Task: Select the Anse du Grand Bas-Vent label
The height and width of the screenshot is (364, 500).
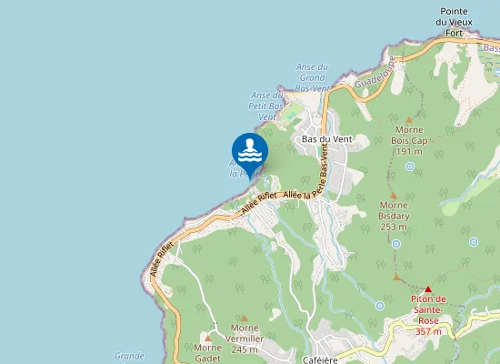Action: click(x=312, y=77)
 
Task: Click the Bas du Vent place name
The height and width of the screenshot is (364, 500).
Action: click(x=326, y=139)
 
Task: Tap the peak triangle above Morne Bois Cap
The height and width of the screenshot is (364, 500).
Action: click(x=410, y=120)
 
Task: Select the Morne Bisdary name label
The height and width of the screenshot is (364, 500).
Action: click(x=393, y=216)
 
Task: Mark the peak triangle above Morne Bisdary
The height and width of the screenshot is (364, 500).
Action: click(x=393, y=196)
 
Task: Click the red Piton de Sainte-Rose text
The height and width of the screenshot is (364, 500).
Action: click(x=427, y=304)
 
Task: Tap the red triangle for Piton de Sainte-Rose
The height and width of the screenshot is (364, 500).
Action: click(x=428, y=288)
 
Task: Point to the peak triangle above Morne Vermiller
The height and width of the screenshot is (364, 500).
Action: click(x=244, y=318)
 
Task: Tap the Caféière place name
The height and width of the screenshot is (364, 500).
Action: click(x=320, y=359)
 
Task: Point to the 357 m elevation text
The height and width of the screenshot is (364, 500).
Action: click(x=427, y=331)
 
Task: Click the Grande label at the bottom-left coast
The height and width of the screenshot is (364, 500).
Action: click(x=129, y=356)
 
